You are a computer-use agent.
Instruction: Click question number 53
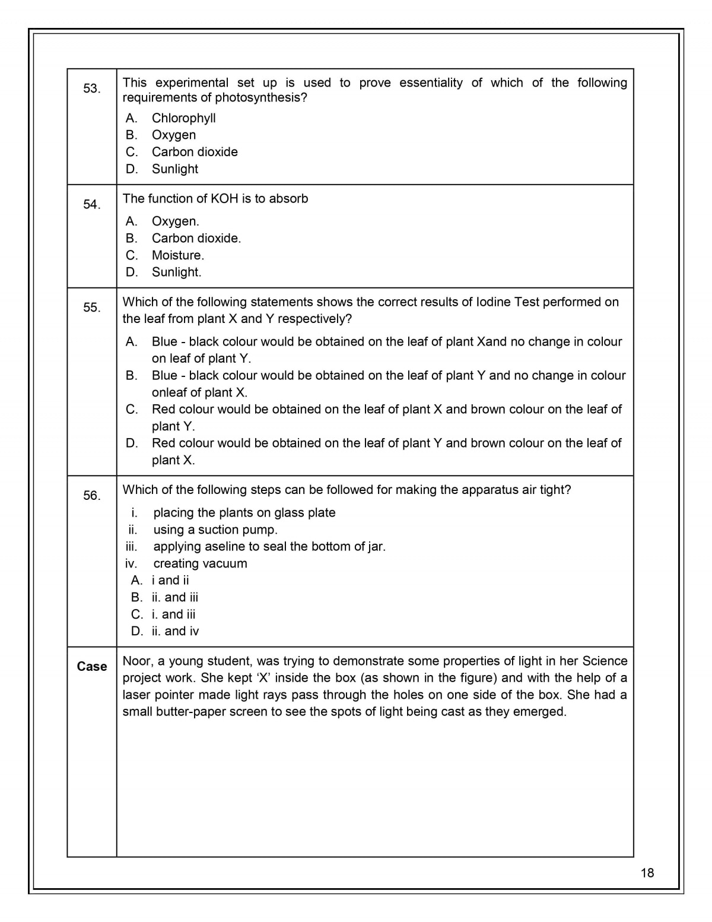tap(91, 88)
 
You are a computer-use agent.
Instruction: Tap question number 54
tap(91, 204)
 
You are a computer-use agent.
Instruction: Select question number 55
tap(91, 308)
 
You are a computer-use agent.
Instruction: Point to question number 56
tap(91, 495)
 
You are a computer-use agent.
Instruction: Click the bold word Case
tap(92, 666)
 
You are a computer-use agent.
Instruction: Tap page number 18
tap(647, 872)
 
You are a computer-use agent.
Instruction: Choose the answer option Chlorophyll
tap(183, 118)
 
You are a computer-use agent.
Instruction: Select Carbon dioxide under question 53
tap(195, 151)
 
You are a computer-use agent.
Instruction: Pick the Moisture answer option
tap(177, 255)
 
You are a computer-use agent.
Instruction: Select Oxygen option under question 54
tap(175, 221)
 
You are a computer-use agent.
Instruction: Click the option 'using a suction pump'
tap(215, 529)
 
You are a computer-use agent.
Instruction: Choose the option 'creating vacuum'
tap(200, 563)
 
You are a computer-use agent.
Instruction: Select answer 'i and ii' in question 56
tap(170, 580)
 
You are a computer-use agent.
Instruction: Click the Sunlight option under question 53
tap(174, 169)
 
